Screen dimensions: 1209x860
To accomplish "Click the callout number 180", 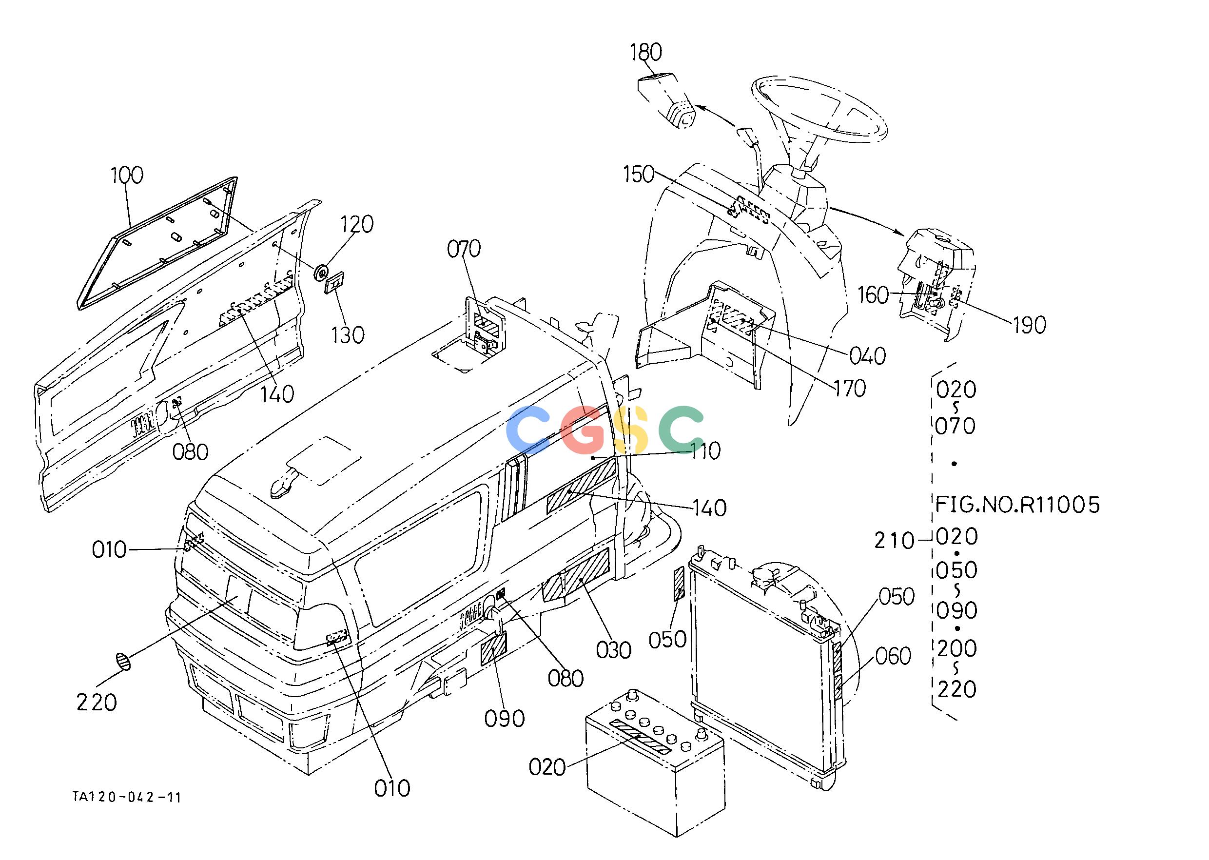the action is click(646, 53).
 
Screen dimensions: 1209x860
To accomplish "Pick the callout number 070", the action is click(464, 249).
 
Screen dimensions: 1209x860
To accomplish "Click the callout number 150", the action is click(639, 174).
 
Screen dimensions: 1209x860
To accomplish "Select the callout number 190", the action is click(1030, 325).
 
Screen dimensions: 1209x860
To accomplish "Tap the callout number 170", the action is click(849, 389).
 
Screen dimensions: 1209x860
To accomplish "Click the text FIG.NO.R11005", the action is click(1017, 505).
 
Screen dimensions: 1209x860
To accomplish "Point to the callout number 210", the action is click(895, 541).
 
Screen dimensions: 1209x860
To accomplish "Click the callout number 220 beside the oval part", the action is click(97, 703).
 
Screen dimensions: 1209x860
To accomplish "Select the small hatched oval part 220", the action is click(123, 662).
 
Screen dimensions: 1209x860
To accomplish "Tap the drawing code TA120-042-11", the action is click(127, 797).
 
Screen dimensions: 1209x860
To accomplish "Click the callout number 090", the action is click(505, 719).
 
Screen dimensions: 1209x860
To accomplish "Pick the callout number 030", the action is click(614, 650).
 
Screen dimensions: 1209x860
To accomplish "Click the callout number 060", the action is click(893, 656).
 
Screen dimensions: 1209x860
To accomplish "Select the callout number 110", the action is click(706, 451).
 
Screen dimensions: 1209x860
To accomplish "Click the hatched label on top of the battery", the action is click(640, 737).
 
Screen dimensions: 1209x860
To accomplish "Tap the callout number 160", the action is click(873, 295).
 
